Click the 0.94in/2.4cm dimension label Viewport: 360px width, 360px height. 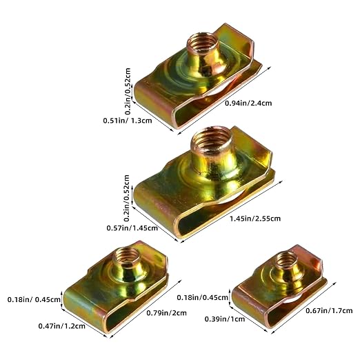tap(248, 103)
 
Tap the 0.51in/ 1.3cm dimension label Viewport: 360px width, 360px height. tap(128, 121)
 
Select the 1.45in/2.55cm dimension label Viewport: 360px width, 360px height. tap(255, 218)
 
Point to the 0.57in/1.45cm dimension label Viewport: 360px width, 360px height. tap(132, 228)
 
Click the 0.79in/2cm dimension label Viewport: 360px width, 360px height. tap(166, 313)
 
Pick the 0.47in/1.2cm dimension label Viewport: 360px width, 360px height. tap(62, 326)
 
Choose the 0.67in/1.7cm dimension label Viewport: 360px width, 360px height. tap(329, 311)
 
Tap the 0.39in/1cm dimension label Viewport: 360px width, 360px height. tap(225, 319)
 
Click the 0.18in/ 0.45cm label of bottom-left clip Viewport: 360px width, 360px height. tap(34, 299)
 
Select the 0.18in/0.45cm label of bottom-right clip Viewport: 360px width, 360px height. tap(202, 297)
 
